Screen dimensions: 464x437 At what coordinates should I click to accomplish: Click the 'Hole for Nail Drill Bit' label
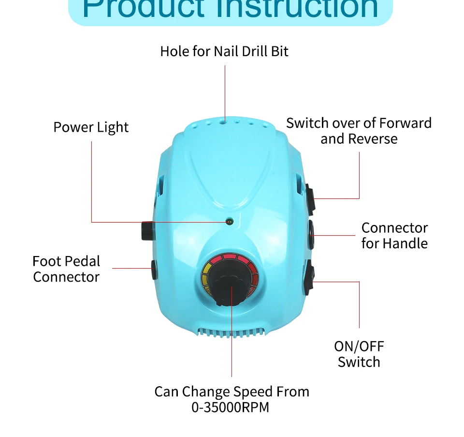pos(224,51)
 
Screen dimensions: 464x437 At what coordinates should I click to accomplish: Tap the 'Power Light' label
pos(91,127)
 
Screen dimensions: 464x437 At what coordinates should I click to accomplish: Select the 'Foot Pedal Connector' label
pos(66,269)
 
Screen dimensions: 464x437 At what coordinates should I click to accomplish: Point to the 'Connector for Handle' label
pos(394,235)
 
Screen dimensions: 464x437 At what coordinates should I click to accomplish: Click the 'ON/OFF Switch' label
pos(359,354)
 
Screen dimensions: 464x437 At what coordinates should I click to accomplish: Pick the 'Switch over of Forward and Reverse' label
pos(359,131)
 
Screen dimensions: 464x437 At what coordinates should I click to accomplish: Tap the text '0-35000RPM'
pos(230,407)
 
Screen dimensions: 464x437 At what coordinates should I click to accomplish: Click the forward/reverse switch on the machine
pos(310,198)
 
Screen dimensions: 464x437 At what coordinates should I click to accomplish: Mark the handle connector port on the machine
pos(311,235)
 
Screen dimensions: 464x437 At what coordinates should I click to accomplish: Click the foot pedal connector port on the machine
pos(153,269)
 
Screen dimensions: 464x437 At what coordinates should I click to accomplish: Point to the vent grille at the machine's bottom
pos(232,332)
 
